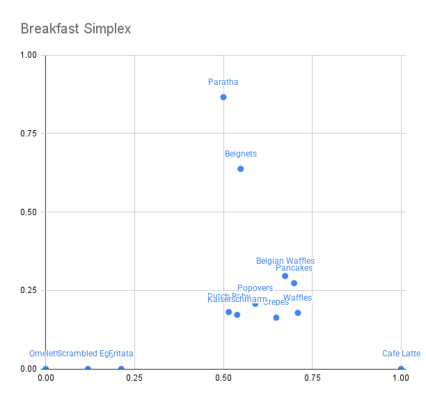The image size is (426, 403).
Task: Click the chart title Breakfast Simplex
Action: coord(76,29)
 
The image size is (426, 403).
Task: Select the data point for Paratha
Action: coord(223,97)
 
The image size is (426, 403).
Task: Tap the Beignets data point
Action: coord(241,168)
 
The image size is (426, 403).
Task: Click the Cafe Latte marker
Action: coord(401,369)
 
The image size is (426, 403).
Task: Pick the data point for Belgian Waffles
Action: coord(285,276)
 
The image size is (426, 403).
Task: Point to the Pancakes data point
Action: coord(294,283)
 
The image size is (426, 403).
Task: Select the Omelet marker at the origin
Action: coord(46,369)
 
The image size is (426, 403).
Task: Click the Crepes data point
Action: coord(276,317)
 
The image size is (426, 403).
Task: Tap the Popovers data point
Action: coord(255,303)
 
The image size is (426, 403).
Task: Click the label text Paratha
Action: coord(223,82)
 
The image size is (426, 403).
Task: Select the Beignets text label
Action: coord(241,154)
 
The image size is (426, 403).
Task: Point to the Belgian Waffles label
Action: coord(285,261)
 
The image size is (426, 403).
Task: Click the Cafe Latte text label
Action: coord(401,354)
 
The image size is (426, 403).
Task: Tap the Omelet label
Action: coord(42,354)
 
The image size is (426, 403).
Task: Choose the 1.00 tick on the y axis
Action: coord(31,55)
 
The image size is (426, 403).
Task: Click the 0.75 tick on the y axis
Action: coord(31,134)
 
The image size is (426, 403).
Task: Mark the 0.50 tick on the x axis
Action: coord(223,378)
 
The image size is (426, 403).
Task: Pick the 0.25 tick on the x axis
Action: coord(134,378)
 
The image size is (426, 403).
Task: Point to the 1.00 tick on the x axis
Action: coord(401,378)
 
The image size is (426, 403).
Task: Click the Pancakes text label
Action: coord(294,268)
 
